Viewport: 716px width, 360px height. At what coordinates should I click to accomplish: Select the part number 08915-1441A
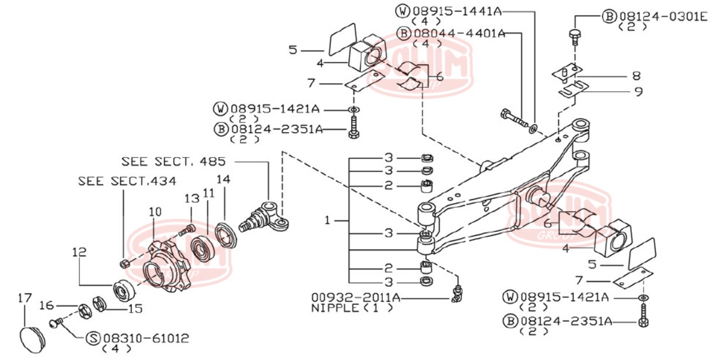point(458,11)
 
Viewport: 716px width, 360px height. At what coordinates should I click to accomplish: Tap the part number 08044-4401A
point(458,33)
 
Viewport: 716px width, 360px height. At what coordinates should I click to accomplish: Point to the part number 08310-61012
point(146,338)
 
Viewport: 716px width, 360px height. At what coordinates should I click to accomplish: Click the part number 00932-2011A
point(356,297)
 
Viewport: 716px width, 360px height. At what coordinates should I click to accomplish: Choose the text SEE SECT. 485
point(173,161)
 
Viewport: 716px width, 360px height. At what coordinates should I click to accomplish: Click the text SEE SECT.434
point(127,181)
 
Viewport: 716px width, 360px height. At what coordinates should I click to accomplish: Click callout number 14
point(223,179)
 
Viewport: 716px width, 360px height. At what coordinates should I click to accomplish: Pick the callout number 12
point(80,252)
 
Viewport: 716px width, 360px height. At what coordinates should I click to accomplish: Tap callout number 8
point(636,76)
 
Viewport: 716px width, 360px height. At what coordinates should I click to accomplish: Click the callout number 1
point(328,221)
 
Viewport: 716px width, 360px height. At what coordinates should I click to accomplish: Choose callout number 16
point(47,305)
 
